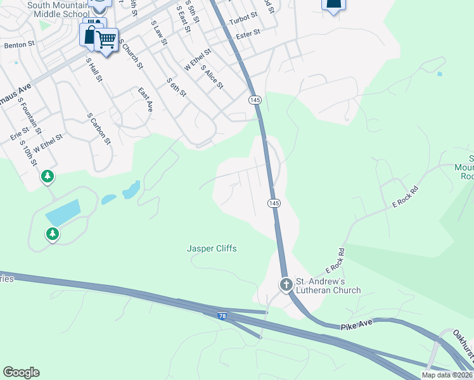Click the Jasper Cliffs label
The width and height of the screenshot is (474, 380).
coord(212,248)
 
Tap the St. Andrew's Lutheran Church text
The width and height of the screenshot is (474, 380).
coord(328,286)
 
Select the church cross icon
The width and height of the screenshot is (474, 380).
coord(286,285)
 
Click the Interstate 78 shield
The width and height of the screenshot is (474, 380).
coord(222,314)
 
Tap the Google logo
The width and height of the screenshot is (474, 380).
coord(21,372)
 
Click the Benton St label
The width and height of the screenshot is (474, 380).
coord(17,46)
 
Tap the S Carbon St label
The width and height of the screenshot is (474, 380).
coord(98,129)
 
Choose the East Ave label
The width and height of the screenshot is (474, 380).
coord(146,100)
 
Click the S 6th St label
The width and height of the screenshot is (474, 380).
coord(176,87)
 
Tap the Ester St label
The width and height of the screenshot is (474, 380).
coord(248,33)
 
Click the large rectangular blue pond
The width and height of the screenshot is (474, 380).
coord(63,212)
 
